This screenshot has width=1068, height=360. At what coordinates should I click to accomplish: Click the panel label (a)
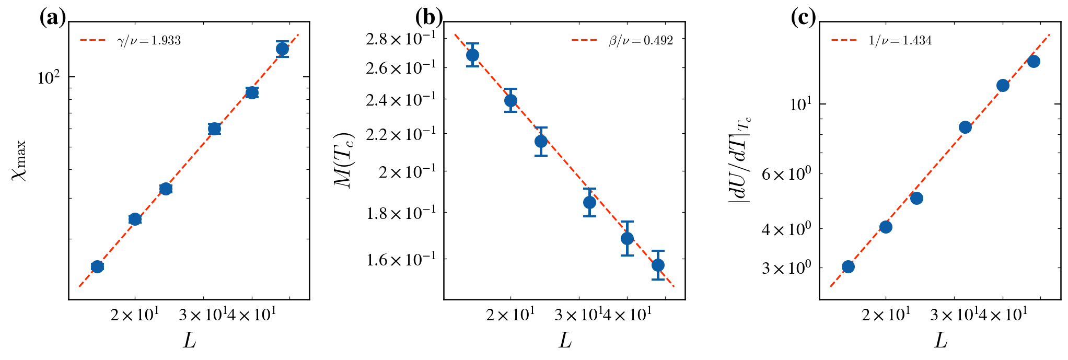coord(53,18)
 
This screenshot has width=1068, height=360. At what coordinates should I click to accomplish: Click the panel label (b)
coord(428,18)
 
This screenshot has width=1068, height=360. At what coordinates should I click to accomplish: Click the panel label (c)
coord(803,18)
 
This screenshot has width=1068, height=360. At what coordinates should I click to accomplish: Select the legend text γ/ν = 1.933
coord(149,41)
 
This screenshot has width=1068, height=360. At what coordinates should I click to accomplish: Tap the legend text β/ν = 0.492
coord(641,41)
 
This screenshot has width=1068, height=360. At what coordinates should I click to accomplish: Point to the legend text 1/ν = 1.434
coord(900,41)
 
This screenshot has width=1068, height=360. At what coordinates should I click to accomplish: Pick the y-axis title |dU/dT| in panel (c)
coord(740,159)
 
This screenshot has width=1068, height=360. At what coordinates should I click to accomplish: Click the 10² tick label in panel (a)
coord(49,78)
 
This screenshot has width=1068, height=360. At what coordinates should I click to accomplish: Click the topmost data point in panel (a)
coord(282,49)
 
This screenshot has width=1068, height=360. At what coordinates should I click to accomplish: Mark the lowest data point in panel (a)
coord(97,266)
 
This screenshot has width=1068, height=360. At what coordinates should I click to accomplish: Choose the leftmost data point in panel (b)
coord(472,55)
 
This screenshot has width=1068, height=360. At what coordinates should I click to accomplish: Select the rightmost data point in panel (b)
coord(658,265)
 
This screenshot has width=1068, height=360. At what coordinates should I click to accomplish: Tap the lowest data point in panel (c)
coord(848,266)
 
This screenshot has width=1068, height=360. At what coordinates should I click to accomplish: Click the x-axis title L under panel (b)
coord(565,341)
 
